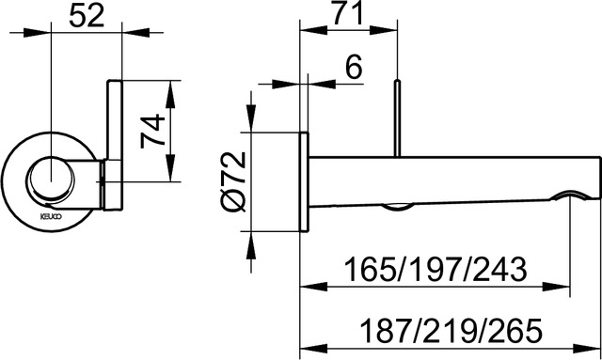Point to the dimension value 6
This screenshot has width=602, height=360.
click(353, 67)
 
